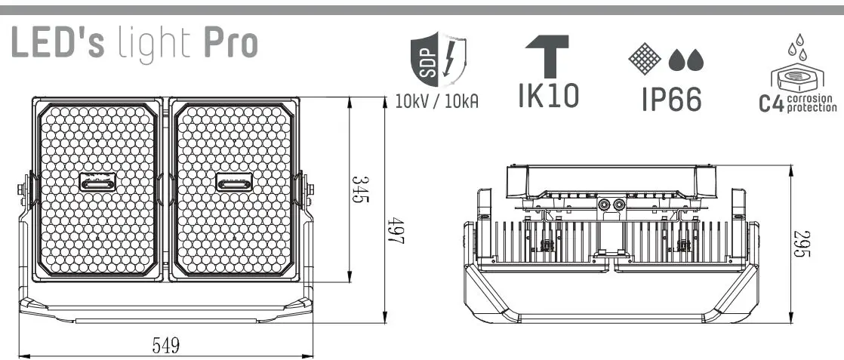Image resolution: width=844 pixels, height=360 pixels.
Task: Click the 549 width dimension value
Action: [x=165, y=345]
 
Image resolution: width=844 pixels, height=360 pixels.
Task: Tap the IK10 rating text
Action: [x=549, y=95]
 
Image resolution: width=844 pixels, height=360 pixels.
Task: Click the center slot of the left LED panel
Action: [x=98, y=183]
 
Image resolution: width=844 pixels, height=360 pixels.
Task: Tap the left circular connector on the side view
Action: [x=604, y=205]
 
